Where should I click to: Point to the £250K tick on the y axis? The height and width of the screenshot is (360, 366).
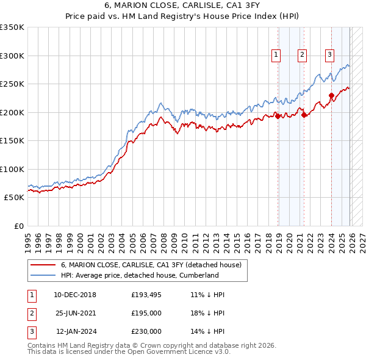pos(12,84)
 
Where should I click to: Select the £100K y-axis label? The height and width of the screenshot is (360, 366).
pos(12,169)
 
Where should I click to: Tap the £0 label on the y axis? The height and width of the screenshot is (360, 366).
pos(18,226)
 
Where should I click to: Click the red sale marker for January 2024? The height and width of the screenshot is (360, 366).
pos(331,95)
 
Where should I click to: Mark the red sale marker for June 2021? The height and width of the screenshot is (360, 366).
pos(304,115)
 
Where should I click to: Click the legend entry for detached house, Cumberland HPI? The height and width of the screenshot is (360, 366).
pos(140,275)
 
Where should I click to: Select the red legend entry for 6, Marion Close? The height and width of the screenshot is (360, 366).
pos(151,265)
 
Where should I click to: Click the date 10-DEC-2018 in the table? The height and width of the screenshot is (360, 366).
pos(75,295)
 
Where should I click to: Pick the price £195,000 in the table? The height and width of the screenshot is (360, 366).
pos(146,313)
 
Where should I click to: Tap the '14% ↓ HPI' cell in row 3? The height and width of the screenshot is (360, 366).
pos(207,331)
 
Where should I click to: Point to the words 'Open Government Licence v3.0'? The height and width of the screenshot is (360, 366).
pos(182,352)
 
